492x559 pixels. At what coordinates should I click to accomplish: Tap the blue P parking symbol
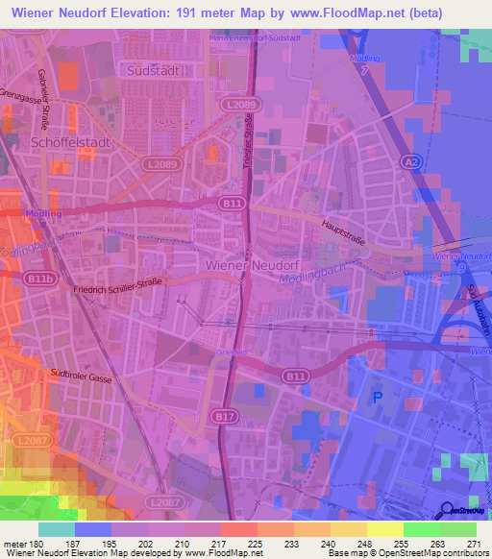377,396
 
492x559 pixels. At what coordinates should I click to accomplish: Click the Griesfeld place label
236,353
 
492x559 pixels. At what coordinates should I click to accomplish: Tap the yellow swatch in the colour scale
385,529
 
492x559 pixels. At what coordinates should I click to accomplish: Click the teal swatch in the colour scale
57,529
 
